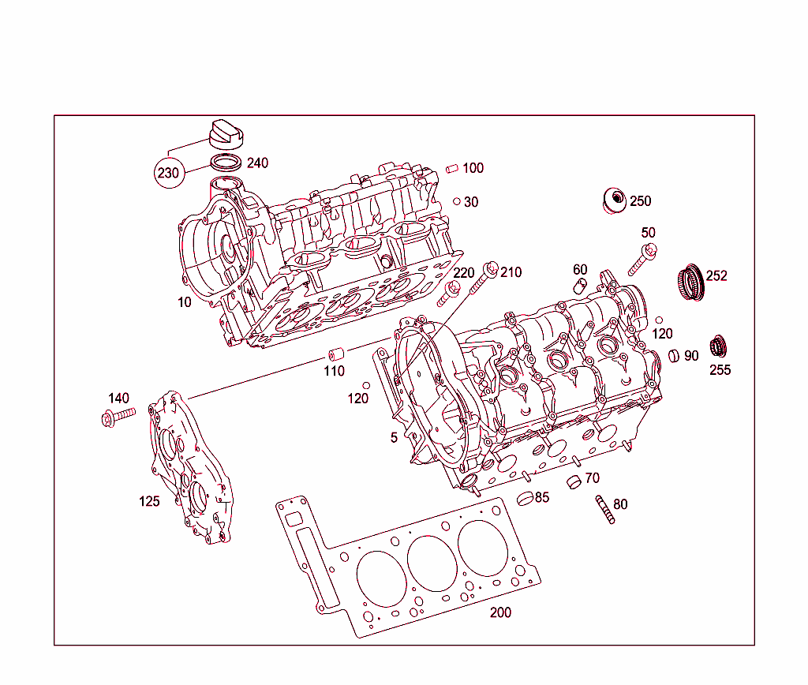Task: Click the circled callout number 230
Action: [x=168, y=173]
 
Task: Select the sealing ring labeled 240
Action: [x=226, y=163]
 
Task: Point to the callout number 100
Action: [x=473, y=168]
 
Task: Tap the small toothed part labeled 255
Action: [x=718, y=346]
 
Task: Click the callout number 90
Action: [x=691, y=356]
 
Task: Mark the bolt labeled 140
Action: [x=118, y=416]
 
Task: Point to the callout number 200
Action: [x=500, y=612]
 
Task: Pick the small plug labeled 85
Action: [x=526, y=498]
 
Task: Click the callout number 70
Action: [x=593, y=478]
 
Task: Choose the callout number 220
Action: [x=464, y=273]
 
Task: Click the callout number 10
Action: [x=184, y=302]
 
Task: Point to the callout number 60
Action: [x=580, y=270]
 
